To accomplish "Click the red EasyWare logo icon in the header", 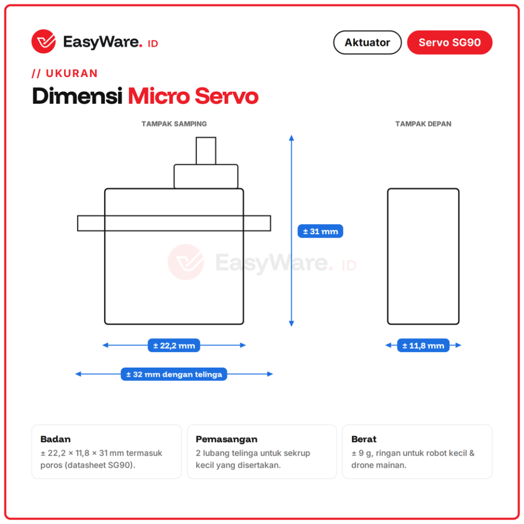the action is (x=44, y=41).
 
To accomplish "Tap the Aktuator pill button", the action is (x=367, y=43).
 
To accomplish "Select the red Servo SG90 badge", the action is (x=449, y=43).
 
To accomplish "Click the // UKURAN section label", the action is (x=64, y=73).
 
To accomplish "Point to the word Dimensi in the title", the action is (x=77, y=96).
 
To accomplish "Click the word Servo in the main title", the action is (x=227, y=96).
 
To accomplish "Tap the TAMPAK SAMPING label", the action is (x=174, y=124).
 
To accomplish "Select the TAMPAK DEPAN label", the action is (x=423, y=124).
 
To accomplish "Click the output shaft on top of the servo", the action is (x=206, y=151).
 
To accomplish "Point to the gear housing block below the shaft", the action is (x=206, y=176).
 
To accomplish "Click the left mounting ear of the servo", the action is (x=91, y=223).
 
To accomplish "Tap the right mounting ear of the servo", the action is (x=257, y=223).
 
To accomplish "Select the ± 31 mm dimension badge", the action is (x=320, y=231).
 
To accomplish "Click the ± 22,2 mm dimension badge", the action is (x=174, y=346).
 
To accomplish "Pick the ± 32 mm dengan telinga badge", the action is (x=174, y=374).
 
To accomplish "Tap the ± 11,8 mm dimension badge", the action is (x=423, y=346).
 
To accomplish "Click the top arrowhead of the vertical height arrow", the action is (x=291, y=138).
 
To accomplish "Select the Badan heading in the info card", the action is (x=56, y=439).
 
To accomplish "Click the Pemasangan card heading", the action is (x=227, y=439).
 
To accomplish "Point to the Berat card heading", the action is (x=364, y=439).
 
